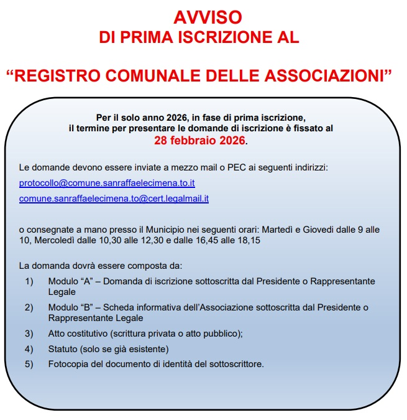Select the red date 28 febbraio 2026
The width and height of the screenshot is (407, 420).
click(199, 141)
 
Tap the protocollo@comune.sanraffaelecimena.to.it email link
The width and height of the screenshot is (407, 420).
click(107, 184)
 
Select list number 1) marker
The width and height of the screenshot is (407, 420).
click(29, 281)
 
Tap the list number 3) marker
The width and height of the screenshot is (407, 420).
click(29, 333)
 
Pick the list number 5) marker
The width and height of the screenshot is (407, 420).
click(29, 364)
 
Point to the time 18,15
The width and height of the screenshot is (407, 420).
click(247, 240)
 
